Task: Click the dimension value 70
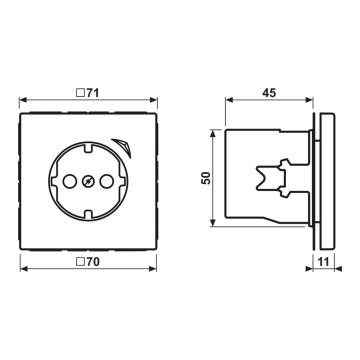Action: click(x=93, y=262)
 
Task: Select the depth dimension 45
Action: click(x=269, y=93)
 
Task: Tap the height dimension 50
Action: click(x=206, y=178)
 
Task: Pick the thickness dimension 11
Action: click(x=323, y=262)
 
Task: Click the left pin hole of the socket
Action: click(x=70, y=181)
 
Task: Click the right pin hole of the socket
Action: click(x=107, y=181)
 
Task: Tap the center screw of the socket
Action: click(x=88, y=181)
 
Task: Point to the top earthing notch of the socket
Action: click(x=88, y=148)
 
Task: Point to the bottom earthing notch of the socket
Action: click(x=88, y=214)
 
